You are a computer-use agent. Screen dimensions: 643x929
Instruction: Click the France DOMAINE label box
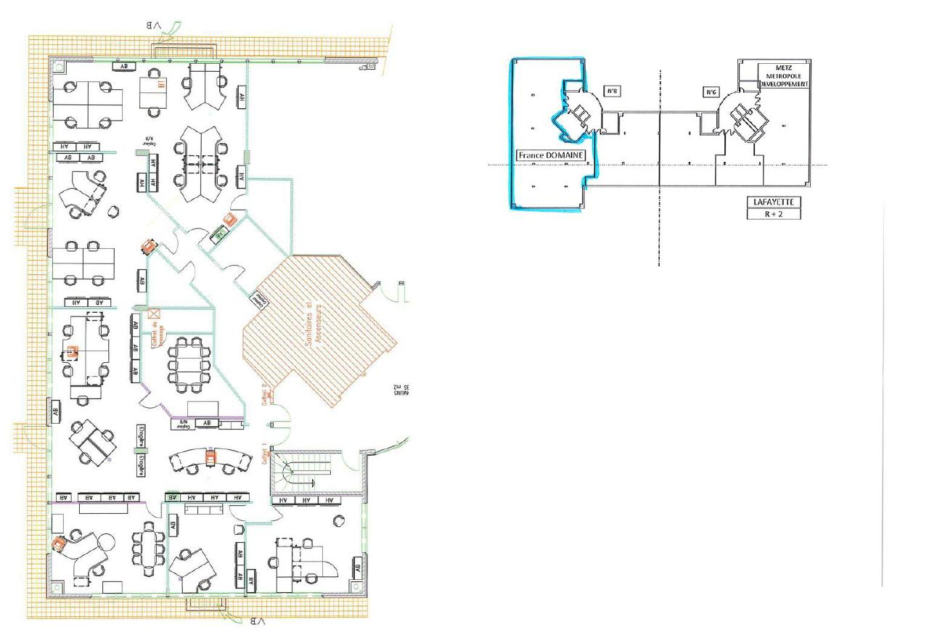[550, 155]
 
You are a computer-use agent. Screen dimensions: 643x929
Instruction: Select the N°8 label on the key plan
[612, 91]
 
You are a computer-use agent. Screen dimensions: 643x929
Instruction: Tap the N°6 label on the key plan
[712, 92]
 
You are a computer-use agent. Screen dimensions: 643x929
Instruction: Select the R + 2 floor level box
[774, 213]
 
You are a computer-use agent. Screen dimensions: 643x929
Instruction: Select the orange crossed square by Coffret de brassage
[153, 314]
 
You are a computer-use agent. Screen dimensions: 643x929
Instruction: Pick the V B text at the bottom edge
[256, 621]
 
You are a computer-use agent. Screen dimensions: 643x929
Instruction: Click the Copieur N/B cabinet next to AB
[186, 423]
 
